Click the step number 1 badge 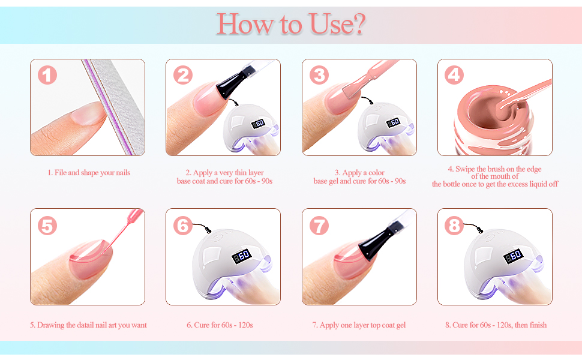47,76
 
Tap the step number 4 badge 454,76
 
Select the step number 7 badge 319,226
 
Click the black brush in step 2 232,82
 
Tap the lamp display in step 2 259,124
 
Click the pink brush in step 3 367,79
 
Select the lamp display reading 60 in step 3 394,122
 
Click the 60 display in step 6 242,256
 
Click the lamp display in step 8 514,256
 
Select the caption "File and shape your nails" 92,173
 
